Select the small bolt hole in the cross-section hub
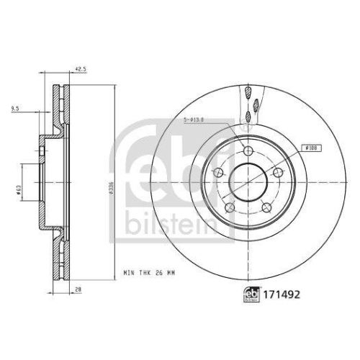pos(42,150)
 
